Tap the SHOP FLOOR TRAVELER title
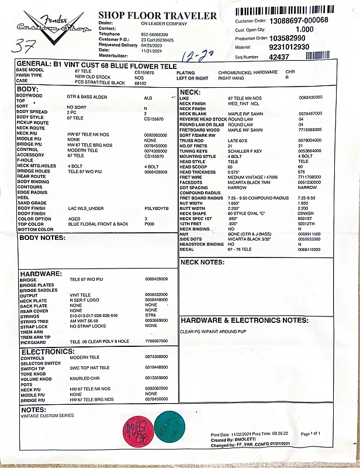coord(157,15)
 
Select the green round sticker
coord(170,425)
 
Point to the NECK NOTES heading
coord(203,262)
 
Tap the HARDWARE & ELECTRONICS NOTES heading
coord(244,321)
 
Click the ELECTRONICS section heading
coord(49,352)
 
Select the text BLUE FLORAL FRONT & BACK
coord(98,224)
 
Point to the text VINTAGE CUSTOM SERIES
coord(47,415)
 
